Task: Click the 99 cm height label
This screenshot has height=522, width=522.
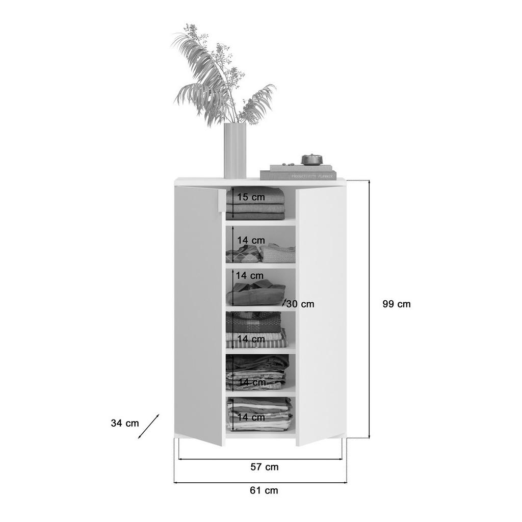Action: pyautogui.click(x=397, y=304)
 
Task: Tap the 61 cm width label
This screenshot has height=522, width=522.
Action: pyautogui.click(x=264, y=490)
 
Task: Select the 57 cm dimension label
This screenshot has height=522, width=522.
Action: pyautogui.click(x=265, y=467)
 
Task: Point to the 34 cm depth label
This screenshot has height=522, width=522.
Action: pyautogui.click(x=125, y=423)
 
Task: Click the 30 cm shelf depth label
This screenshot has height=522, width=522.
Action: pyautogui.click(x=300, y=304)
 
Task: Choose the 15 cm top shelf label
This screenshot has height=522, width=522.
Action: pyautogui.click(x=251, y=197)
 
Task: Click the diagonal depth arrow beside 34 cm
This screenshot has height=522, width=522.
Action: pyautogui.click(x=148, y=427)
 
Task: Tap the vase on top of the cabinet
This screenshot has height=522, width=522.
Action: pyautogui.click(x=235, y=151)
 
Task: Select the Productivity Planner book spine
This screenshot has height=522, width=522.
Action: pyautogui.click(x=298, y=175)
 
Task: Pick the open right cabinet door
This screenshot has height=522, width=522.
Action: pyautogui.click(x=321, y=316)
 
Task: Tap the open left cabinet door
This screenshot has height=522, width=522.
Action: pyautogui.click(x=198, y=316)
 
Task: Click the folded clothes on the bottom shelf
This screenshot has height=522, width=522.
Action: pyautogui.click(x=260, y=414)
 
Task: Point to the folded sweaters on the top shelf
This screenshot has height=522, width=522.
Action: pyautogui.click(x=256, y=203)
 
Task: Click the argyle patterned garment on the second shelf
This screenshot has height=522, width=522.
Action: pyautogui.click(x=243, y=254)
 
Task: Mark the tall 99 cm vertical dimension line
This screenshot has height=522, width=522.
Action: pyautogui.click(x=369, y=309)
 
